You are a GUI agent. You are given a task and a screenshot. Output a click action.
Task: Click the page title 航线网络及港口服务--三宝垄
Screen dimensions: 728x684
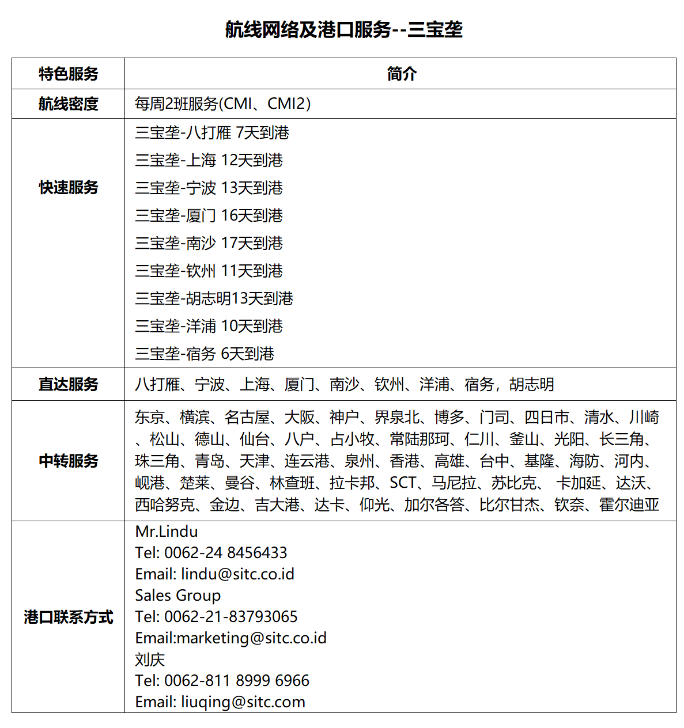(x=343, y=29)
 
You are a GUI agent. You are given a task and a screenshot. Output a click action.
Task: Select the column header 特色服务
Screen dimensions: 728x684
(x=68, y=74)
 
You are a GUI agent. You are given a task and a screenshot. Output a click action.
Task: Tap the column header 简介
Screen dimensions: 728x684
(x=401, y=74)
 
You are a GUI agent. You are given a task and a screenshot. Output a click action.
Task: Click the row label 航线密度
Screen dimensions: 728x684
(x=68, y=104)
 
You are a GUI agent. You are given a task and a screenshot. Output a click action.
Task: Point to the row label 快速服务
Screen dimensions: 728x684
(x=68, y=187)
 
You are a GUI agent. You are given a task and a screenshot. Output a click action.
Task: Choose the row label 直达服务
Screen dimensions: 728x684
(x=68, y=384)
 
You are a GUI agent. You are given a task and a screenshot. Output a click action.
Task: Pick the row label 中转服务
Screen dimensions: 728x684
(x=68, y=461)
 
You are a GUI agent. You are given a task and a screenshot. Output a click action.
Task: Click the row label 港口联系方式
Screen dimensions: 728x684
(x=68, y=617)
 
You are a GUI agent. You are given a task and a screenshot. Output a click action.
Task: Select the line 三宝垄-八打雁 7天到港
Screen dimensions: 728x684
(x=211, y=133)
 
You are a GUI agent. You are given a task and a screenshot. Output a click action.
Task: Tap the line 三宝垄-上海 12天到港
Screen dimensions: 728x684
(x=209, y=160)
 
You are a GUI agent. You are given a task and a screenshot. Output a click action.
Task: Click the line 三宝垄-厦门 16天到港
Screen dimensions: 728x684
(x=209, y=215)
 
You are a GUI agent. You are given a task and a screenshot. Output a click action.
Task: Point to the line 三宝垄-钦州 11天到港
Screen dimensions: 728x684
(x=209, y=271)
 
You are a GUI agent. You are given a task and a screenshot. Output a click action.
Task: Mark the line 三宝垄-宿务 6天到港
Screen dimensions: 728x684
(x=204, y=354)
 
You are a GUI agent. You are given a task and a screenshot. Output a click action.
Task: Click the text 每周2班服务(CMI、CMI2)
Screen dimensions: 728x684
(x=222, y=104)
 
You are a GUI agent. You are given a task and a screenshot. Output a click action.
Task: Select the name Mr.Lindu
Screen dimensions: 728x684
(x=166, y=532)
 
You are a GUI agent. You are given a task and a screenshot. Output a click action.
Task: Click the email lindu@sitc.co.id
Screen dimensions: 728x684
(x=237, y=574)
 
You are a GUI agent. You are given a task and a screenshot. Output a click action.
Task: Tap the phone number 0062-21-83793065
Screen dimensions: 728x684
(x=230, y=617)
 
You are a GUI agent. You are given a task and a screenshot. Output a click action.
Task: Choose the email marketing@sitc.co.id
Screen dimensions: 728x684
(x=252, y=638)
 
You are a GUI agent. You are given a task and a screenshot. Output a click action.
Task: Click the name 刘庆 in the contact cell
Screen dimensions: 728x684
(x=150, y=659)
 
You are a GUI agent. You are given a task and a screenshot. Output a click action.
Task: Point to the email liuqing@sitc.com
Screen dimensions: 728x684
(x=243, y=702)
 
